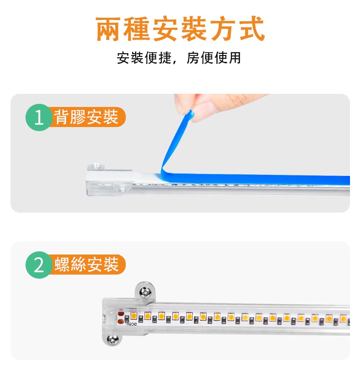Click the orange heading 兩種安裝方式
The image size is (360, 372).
(x=180, y=29)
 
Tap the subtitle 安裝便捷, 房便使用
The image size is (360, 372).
(x=179, y=58)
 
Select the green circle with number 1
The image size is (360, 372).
(x=39, y=117)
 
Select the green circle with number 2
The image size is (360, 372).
(x=39, y=265)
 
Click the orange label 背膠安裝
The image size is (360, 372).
(x=86, y=117)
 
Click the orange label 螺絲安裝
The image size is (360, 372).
(x=87, y=264)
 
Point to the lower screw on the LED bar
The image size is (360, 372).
(x=113, y=340)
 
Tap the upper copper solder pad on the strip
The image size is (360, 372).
(x=120, y=314)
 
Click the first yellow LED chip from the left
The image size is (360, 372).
(x=134, y=316)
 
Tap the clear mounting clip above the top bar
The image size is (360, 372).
(x=96, y=167)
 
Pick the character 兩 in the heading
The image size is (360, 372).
(x=108, y=29)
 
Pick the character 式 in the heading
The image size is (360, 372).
(x=252, y=29)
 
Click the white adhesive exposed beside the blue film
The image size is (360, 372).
(x=147, y=176)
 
